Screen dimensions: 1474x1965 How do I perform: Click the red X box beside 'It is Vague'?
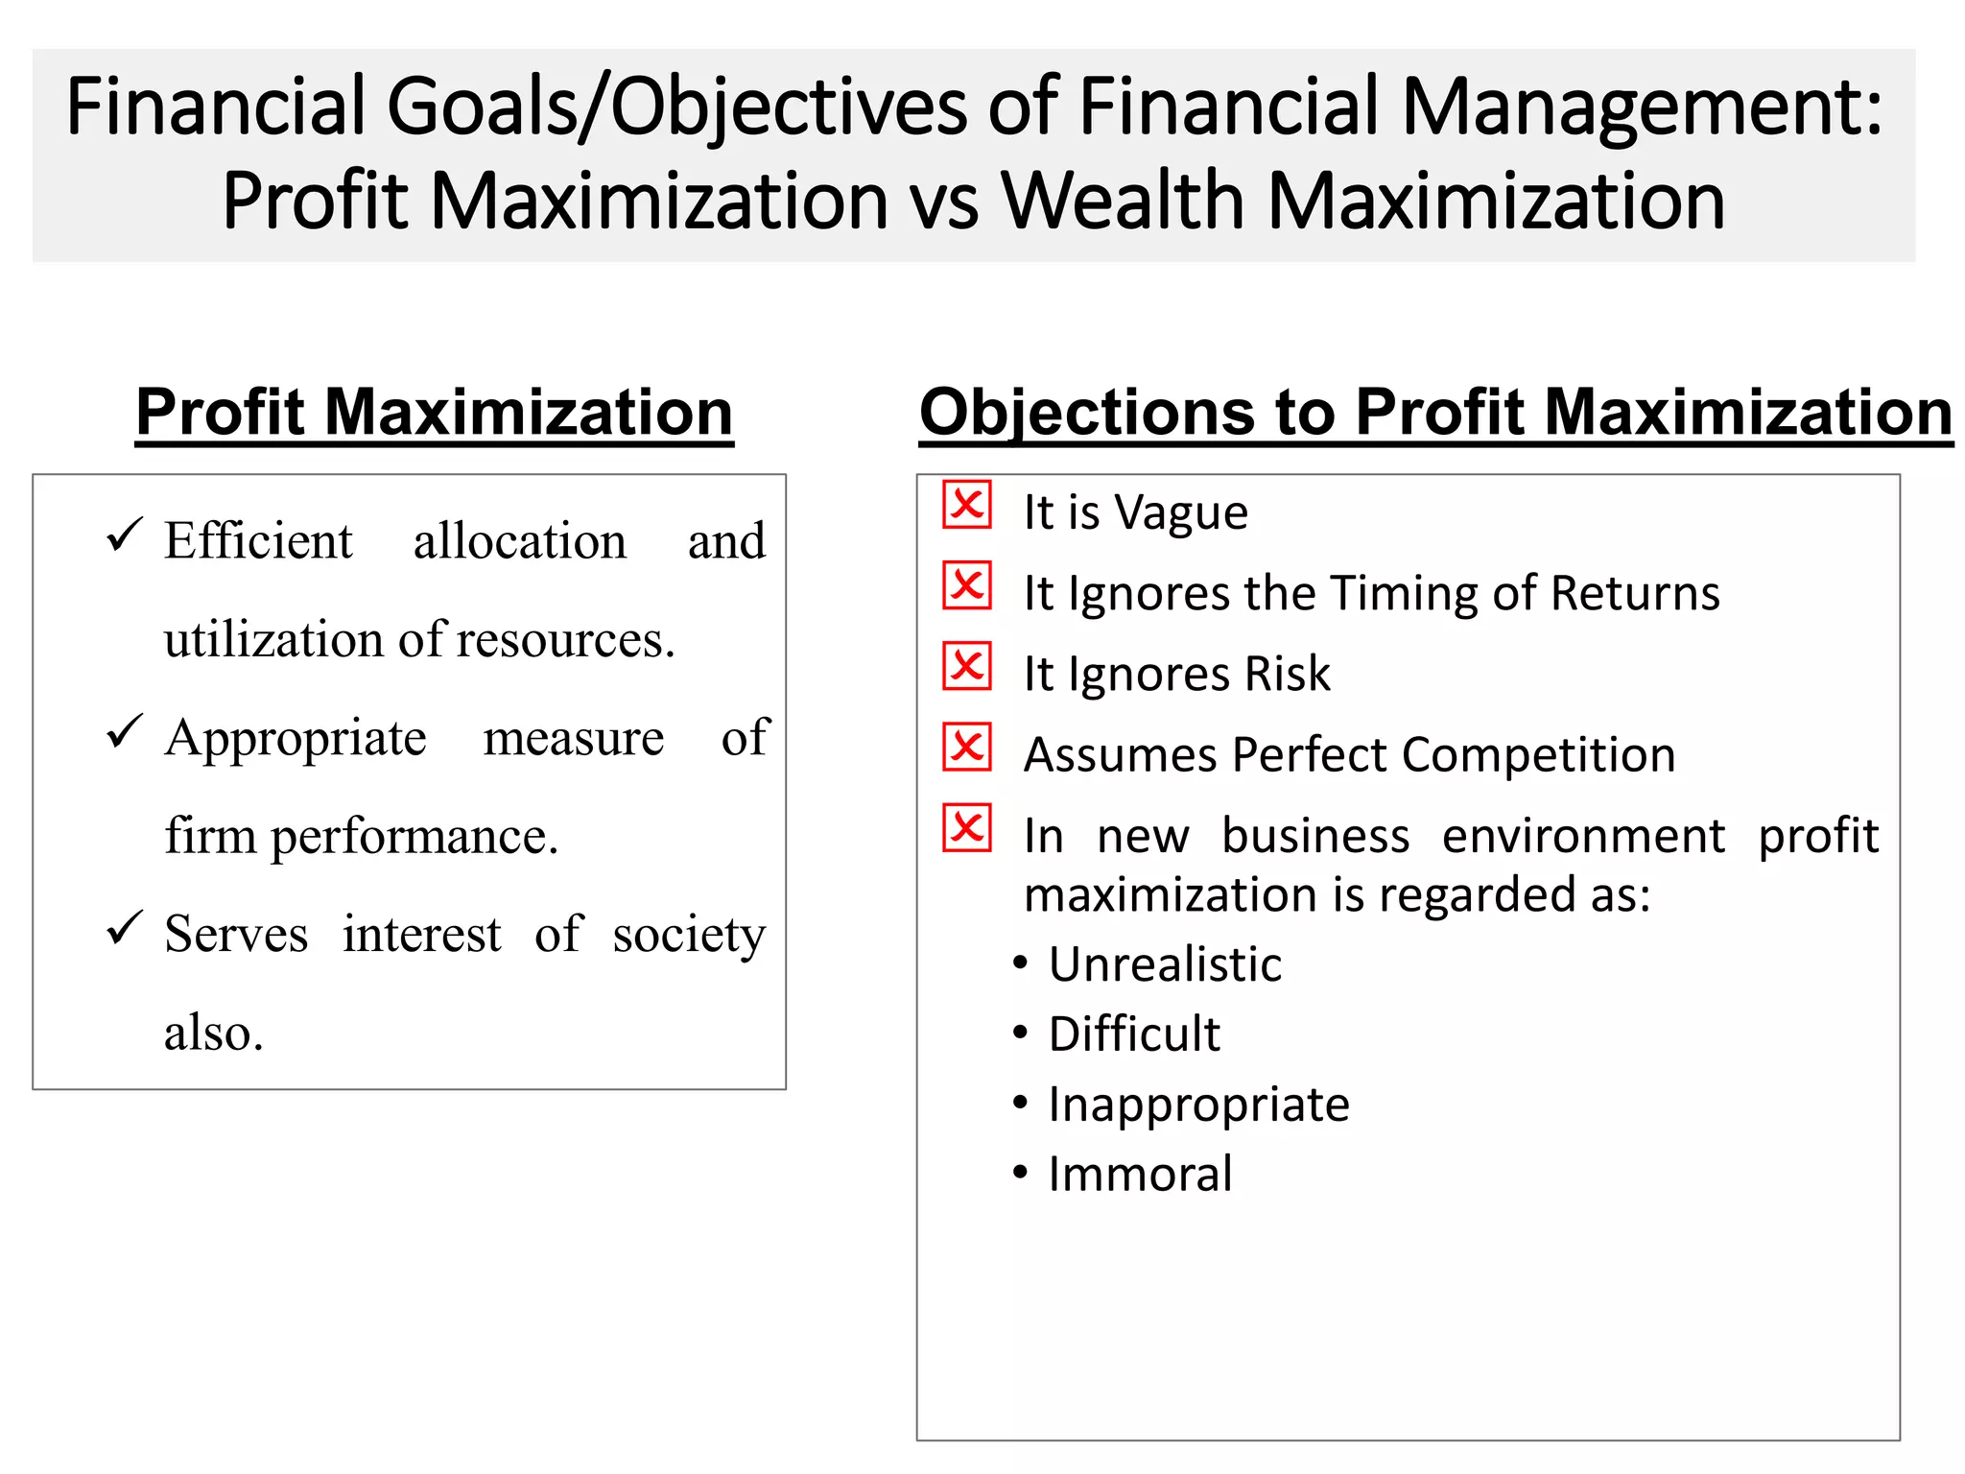(x=966, y=505)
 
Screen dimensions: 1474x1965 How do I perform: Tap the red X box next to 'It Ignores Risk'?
(x=966, y=666)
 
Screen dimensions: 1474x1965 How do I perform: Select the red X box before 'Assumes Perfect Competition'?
(x=966, y=747)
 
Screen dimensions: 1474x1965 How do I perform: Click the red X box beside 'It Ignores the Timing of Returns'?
(x=966, y=585)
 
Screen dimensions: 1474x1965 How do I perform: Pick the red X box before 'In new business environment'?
(x=966, y=827)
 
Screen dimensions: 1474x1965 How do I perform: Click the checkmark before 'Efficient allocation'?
(x=124, y=535)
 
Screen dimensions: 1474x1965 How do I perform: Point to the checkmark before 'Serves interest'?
(x=124, y=928)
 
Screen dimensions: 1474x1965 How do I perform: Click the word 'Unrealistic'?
(x=1165, y=964)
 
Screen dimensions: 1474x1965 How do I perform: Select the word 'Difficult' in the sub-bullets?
(x=1134, y=1034)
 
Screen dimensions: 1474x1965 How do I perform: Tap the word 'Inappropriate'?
(x=1198, y=1105)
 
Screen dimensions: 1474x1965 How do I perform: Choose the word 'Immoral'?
(x=1140, y=1175)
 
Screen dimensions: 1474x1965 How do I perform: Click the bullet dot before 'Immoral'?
(x=1020, y=1172)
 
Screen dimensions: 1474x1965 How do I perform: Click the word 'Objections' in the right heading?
(x=1087, y=414)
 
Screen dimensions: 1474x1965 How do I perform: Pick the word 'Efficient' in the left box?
(x=258, y=541)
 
